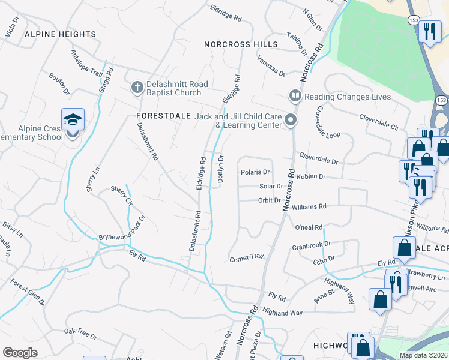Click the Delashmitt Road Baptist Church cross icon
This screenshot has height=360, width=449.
137,88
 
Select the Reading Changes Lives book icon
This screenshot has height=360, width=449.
295,96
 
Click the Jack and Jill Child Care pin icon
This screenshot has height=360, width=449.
291,121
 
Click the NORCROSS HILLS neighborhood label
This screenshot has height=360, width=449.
241,44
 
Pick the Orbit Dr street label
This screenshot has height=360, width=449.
270,200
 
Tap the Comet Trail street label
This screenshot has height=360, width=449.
247,258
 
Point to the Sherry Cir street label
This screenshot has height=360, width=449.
121,194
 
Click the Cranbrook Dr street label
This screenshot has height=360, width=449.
311,245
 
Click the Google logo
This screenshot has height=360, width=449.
20,353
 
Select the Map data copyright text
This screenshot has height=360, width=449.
423,355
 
